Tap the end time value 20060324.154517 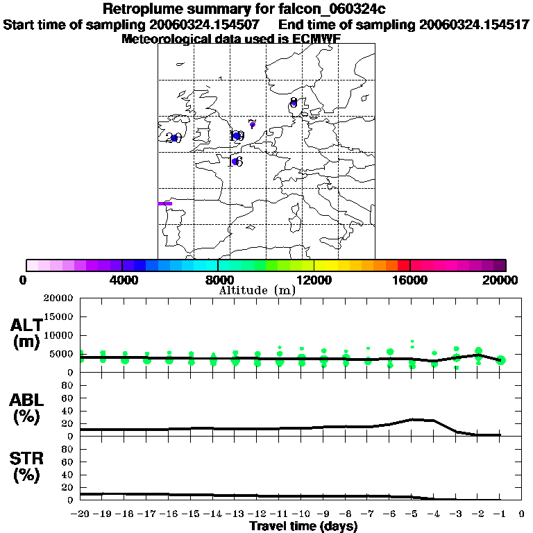click(x=475, y=24)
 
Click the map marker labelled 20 click(x=174, y=137)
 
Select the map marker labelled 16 click(x=235, y=162)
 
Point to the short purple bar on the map click(x=165, y=203)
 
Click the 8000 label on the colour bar click(x=218, y=280)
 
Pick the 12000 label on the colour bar click(x=314, y=280)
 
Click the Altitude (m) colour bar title click(x=257, y=290)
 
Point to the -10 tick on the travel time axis click(x=302, y=514)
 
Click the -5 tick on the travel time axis click(x=412, y=514)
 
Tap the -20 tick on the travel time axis click(x=82, y=514)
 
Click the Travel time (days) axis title click(x=303, y=527)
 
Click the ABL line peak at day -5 click(x=412, y=419)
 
